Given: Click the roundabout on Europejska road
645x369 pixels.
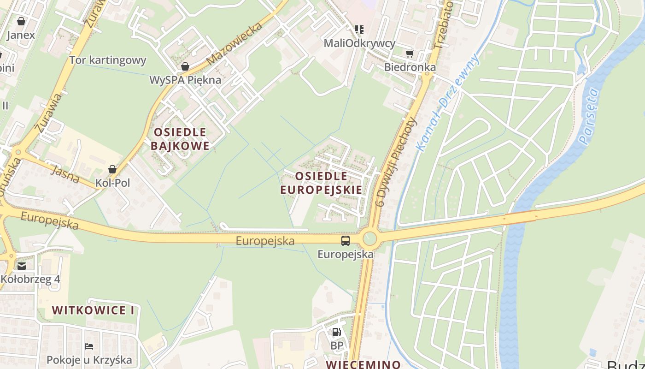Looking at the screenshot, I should coord(369,239).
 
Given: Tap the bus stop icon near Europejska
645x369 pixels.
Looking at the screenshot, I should coord(345,241).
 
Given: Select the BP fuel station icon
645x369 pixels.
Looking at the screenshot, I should coord(337,332).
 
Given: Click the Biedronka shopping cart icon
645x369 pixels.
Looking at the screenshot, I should coord(410,54).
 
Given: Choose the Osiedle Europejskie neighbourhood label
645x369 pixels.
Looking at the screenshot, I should coord(321,183).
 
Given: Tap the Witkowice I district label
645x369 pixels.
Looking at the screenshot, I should coord(93,310).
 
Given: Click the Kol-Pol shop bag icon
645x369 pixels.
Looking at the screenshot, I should coord(112,169).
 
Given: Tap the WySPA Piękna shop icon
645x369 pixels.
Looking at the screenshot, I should coord(185,66).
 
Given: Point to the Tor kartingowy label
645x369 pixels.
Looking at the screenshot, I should coord(108,60).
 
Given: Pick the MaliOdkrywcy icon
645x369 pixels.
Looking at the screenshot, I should coord(359,30).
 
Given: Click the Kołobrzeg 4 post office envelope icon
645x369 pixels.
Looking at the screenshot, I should coord(22,266).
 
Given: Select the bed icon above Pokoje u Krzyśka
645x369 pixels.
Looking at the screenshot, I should coord(89,346).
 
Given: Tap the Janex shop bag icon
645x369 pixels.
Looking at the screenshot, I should coord(21,21).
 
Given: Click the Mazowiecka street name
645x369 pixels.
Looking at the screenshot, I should coord(235,42).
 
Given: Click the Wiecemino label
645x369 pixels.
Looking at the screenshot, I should coord(363,364).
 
